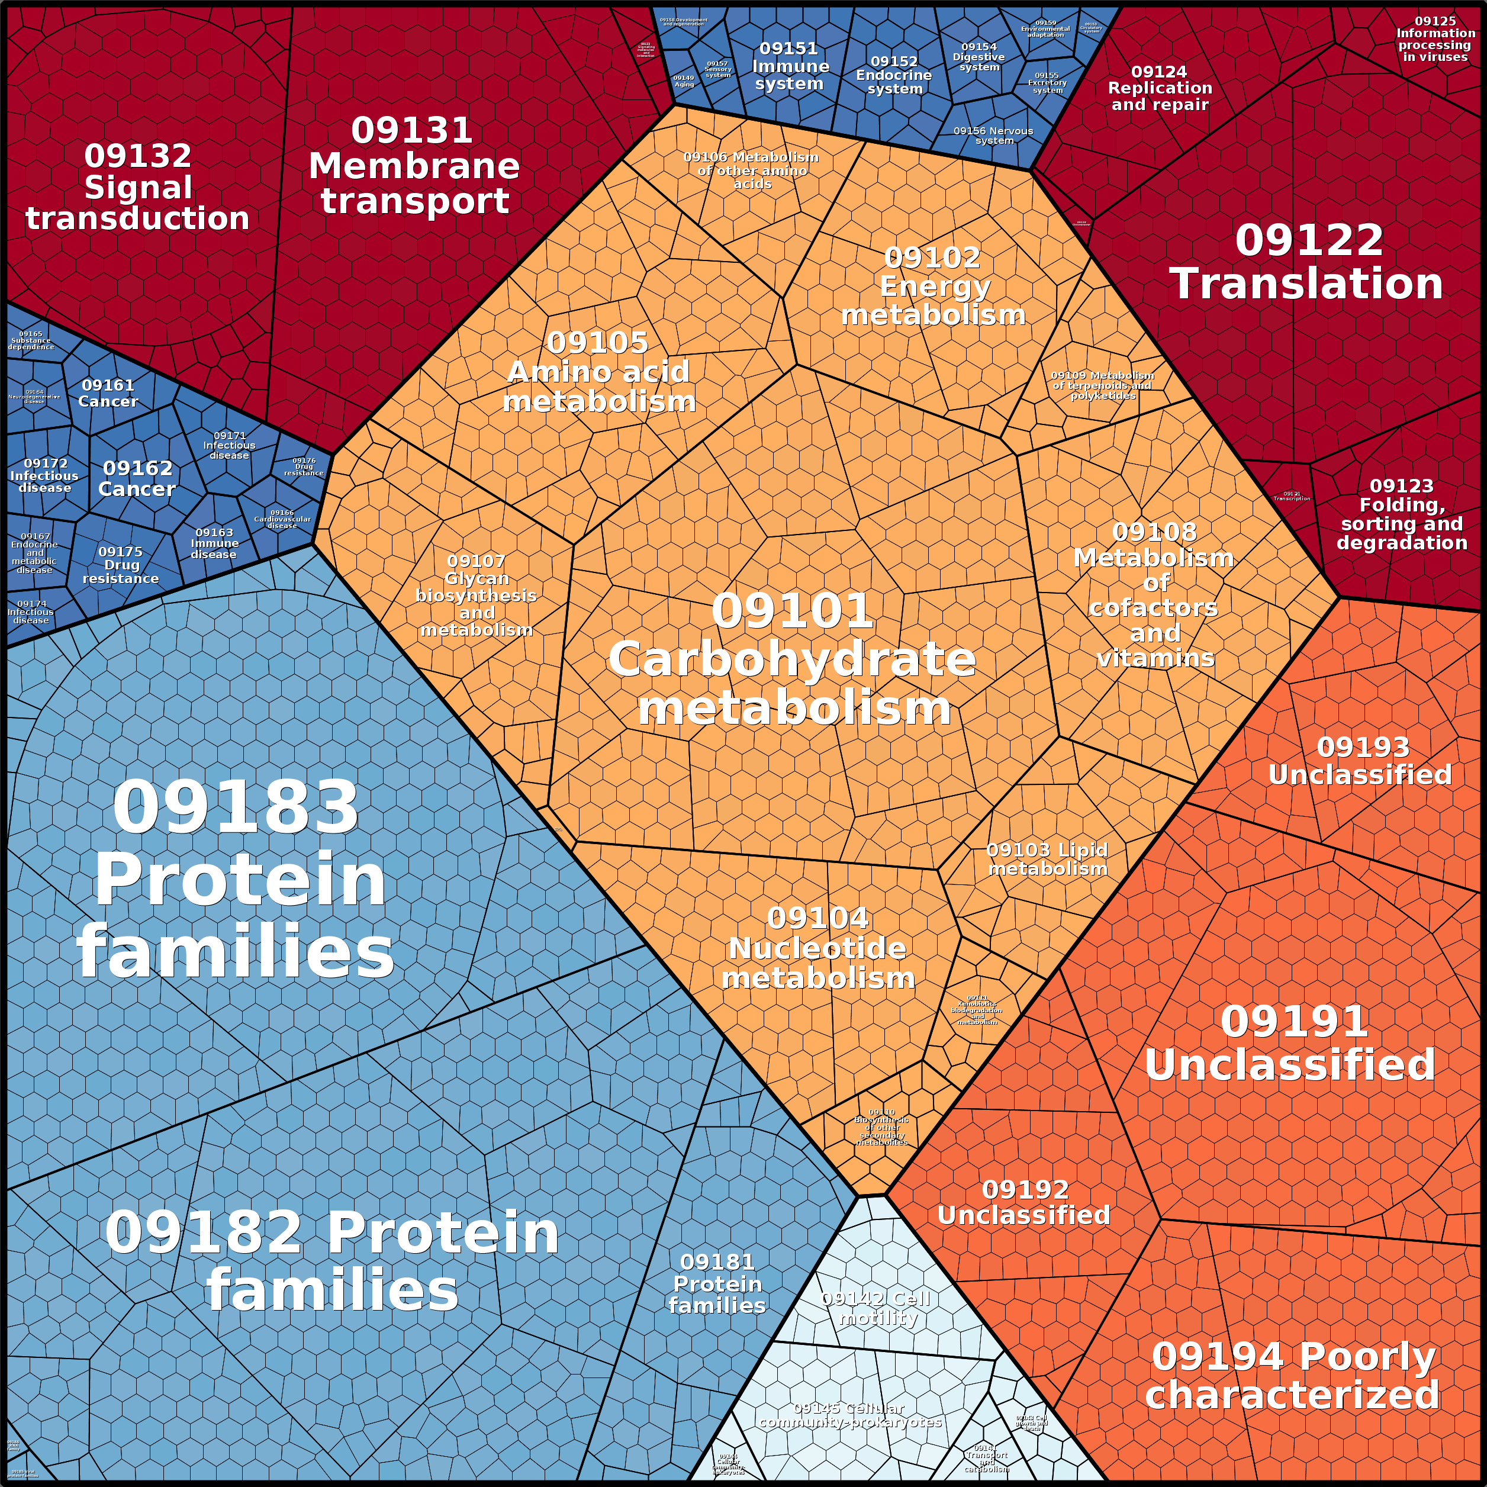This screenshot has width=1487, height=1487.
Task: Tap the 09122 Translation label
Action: click(x=1307, y=262)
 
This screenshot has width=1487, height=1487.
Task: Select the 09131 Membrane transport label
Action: click(x=414, y=166)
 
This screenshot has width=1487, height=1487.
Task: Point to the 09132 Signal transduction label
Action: click(x=138, y=187)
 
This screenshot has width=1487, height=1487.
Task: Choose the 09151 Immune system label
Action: click(x=790, y=67)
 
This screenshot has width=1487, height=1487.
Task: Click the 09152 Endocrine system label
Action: click(x=894, y=75)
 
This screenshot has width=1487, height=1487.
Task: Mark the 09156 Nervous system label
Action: click(x=994, y=136)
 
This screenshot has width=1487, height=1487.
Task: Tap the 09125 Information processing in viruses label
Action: click(x=1435, y=39)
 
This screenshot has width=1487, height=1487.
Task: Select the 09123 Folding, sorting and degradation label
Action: click(x=1402, y=514)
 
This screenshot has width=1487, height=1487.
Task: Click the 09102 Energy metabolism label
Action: click(x=934, y=287)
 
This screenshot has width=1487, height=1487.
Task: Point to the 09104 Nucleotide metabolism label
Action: click(x=817, y=948)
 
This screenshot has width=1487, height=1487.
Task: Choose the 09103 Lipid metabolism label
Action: click(x=1048, y=859)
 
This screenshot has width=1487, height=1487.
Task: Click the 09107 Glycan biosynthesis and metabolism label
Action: click(x=477, y=595)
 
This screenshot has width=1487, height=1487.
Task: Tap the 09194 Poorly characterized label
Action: click(x=1293, y=1375)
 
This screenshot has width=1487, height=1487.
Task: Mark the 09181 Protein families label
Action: click(x=717, y=1284)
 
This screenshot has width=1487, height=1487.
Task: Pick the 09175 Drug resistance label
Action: click(x=121, y=565)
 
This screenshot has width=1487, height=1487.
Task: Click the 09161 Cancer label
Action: click(x=108, y=393)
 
